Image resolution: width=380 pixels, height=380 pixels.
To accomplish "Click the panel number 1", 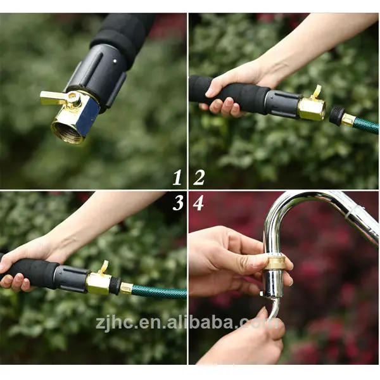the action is tap(177, 177).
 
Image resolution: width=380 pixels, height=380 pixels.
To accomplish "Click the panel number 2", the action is tap(199, 177).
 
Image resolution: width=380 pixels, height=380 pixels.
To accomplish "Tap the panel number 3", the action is tap(178, 203).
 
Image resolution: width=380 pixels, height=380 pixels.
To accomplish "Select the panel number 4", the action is tap(198, 203).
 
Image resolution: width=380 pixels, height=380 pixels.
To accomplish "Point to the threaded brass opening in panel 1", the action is tap(67, 131).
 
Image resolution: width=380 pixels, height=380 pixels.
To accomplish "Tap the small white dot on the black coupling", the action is tap(115, 61).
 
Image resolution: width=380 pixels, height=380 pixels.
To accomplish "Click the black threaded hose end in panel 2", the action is tap(337, 115).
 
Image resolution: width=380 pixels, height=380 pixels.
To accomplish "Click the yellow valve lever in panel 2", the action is tap(316, 92).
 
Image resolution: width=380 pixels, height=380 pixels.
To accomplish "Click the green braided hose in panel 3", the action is tap(160, 292).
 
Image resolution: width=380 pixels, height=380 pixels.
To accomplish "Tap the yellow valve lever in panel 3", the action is tap(104, 267).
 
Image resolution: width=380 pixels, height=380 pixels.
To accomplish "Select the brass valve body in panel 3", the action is tap(99, 282).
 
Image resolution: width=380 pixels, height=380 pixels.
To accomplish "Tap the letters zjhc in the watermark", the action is tap(114, 323).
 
